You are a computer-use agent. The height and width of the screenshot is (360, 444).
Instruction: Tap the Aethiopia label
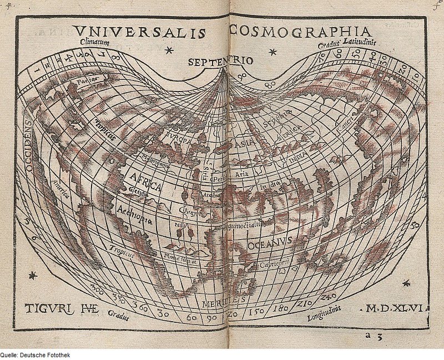pos(135,214)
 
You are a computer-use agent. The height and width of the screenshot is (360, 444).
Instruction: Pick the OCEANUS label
pos(269,244)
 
